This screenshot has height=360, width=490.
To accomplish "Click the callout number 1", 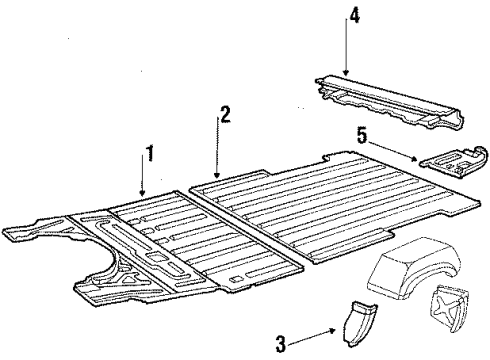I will pyautogui.click(x=150, y=153).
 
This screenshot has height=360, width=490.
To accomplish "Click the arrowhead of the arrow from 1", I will pyautogui.click(x=143, y=195).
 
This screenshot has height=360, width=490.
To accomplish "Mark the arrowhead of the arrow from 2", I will pyautogui.click(x=217, y=177).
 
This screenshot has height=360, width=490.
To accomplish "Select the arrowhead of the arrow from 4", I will pyautogui.click(x=345, y=74).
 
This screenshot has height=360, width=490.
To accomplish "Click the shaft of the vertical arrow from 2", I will pyautogui.click(x=217, y=145).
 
